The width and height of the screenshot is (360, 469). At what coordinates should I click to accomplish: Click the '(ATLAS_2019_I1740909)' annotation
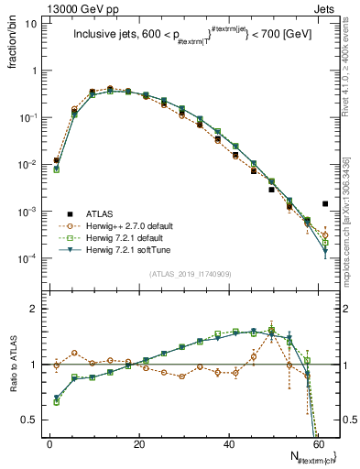point(191,274)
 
